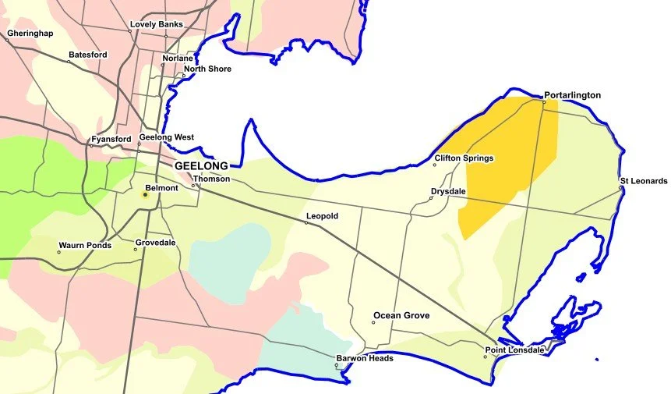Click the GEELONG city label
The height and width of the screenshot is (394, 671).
(x=201, y=166)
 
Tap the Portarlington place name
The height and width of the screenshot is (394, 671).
(x=573, y=95)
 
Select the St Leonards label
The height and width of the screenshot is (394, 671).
(x=644, y=181)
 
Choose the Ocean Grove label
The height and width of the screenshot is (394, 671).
(x=401, y=316)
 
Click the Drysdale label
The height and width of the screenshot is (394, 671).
(x=447, y=191)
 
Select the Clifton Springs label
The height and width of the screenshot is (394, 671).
(x=464, y=158)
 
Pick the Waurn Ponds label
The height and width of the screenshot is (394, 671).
(x=85, y=246)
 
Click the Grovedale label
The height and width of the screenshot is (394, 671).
(x=155, y=243)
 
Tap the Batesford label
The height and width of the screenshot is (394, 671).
(x=88, y=55)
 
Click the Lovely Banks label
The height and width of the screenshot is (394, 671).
(x=157, y=24)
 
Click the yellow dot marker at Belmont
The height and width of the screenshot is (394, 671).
(x=145, y=194)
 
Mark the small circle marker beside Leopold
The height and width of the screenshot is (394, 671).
(x=306, y=223)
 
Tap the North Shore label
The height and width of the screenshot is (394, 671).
(x=207, y=69)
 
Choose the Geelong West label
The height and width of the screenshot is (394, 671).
(x=167, y=137)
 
